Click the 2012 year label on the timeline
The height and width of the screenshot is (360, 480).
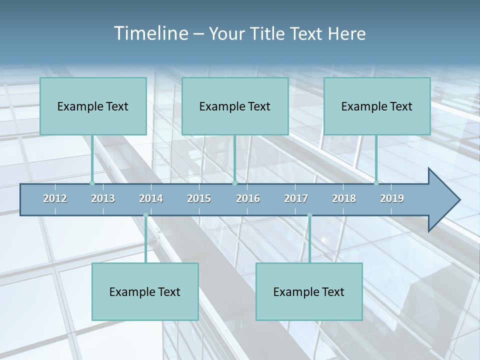point(55,198)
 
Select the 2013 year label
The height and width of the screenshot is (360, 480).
point(103,198)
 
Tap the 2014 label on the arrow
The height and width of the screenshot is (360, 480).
point(151,198)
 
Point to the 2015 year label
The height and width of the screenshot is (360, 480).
point(199,198)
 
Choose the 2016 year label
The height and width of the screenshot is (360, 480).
point(248,198)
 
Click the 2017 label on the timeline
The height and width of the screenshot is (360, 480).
point(296,198)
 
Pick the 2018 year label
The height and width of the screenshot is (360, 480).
point(344,198)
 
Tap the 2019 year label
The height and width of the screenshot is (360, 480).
point(392,198)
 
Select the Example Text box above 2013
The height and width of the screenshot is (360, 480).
point(93,106)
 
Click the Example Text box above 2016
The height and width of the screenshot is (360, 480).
point(235,106)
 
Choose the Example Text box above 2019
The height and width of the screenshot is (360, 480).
point(377,106)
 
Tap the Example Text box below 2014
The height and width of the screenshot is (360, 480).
point(145,292)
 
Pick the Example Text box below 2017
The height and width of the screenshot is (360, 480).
point(309,292)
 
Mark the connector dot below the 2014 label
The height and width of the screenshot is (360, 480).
point(145,215)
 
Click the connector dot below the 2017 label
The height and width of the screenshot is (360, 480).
point(309,215)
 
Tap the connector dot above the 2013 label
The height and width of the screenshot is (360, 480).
point(92,183)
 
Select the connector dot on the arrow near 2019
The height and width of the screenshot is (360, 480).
point(376,183)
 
